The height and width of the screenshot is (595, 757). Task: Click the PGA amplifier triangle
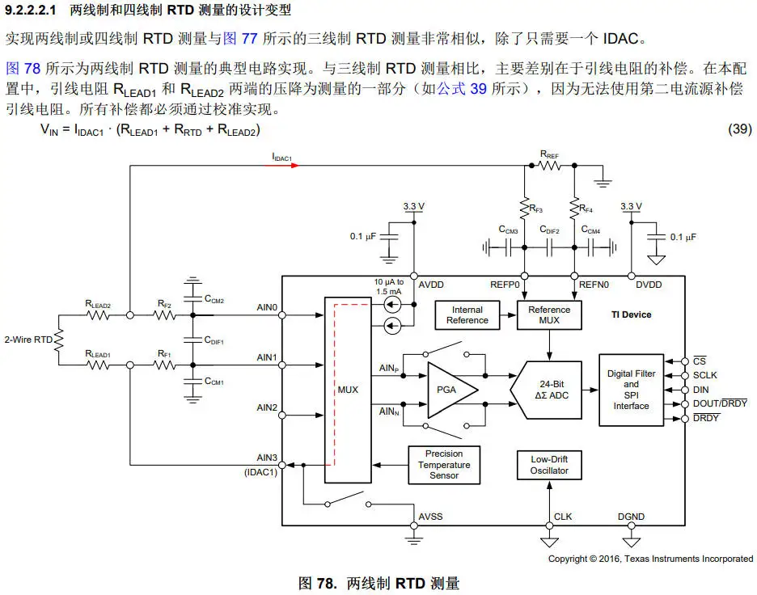(449, 390)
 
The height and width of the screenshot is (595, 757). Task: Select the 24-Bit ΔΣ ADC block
(548, 390)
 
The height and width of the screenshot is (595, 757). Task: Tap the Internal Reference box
(467, 314)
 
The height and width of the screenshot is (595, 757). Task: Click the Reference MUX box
(549, 314)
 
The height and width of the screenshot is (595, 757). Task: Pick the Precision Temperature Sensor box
(444, 465)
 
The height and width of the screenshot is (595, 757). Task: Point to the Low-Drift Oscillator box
(549, 465)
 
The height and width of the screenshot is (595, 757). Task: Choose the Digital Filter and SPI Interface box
(631, 390)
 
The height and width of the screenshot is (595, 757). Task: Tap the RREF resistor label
(549, 153)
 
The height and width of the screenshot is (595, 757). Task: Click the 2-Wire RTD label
(28, 340)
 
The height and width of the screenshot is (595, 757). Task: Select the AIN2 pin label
(267, 407)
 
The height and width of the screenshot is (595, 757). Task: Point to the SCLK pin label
(705, 375)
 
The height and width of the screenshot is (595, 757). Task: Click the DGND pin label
(631, 516)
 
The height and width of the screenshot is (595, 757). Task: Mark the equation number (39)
(740, 129)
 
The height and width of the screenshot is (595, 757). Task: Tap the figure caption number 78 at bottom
(324, 583)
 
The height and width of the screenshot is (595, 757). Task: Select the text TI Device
(632, 314)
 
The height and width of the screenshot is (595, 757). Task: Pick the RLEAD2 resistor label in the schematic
(97, 304)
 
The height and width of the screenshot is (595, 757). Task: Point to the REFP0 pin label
(504, 285)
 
